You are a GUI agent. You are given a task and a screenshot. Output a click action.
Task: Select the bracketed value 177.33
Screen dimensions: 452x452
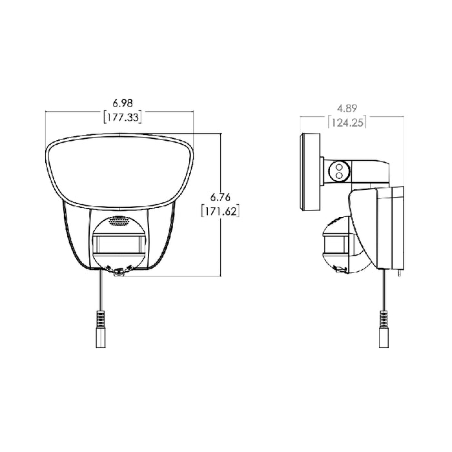tap(119, 117)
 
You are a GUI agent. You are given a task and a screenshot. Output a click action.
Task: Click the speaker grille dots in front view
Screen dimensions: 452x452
tap(119, 221)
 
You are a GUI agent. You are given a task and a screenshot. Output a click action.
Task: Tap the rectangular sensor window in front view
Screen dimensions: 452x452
tap(119, 245)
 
